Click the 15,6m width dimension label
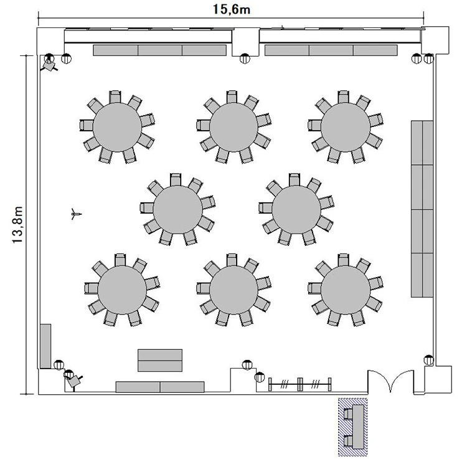pos(232,9)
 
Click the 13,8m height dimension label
pos(17,225)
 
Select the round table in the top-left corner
pos(117,127)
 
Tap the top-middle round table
pos(233,127)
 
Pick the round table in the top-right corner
pos(346,127)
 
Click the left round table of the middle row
pos(178,209)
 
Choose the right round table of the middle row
pos(296,209)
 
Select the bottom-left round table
pos(122,290)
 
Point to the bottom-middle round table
pos(233,290)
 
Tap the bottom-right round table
pos(346,290)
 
